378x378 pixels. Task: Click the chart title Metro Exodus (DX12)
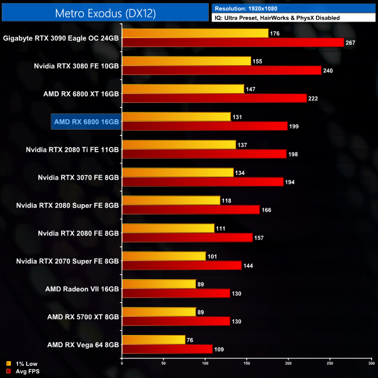pos(105,13)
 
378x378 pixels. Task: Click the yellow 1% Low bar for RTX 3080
pos(186,61)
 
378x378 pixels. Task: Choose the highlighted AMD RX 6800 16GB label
pos(86,122)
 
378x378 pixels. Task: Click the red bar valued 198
pos(204,154)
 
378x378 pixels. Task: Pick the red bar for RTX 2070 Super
pos(181,265)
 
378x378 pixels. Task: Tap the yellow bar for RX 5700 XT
pos(159,312)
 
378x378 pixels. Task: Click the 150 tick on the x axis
pos(247,364)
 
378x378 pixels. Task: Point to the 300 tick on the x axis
pos(371,364)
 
